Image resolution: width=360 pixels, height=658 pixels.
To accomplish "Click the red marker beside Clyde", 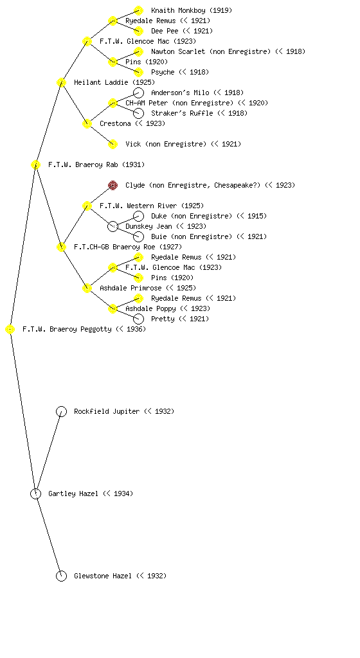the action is [x=113, y=185].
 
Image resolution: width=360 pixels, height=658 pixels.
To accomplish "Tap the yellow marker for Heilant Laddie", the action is [x=61, y=82].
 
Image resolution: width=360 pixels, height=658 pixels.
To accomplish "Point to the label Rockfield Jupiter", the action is [x=107, y=411].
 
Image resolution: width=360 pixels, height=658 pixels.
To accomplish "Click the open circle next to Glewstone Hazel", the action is [x=61, y=576].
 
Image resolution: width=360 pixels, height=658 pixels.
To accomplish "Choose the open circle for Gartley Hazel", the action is [x=35, y=493].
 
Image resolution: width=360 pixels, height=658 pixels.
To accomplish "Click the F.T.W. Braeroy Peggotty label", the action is [x=67, y=330].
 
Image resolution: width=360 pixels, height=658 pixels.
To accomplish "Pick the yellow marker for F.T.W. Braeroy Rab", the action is [x=35, y=164].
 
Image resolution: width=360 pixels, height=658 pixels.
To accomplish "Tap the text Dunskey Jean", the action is [x=148, y=226].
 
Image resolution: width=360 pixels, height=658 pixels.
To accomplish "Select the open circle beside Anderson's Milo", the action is [x=138, y=93].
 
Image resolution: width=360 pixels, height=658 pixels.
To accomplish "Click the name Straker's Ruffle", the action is [x=182, y=113].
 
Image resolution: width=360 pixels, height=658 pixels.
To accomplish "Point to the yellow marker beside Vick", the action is [x=113, y=144].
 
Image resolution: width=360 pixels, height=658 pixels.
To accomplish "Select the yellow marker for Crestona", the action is [x=87, y=123].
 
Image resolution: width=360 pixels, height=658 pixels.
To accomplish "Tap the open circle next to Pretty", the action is [x=138, y=319].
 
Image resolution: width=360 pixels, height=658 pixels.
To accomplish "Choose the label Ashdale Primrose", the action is [x=131, y=288].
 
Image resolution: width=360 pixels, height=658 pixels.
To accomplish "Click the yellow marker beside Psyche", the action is [x=138, y=72].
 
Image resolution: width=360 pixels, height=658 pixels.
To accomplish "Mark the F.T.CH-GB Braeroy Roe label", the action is [x=114, y=247].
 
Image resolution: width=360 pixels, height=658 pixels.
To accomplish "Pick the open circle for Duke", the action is [x=138, y=216].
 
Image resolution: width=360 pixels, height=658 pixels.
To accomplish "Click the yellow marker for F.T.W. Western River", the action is [x=87, y=206].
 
